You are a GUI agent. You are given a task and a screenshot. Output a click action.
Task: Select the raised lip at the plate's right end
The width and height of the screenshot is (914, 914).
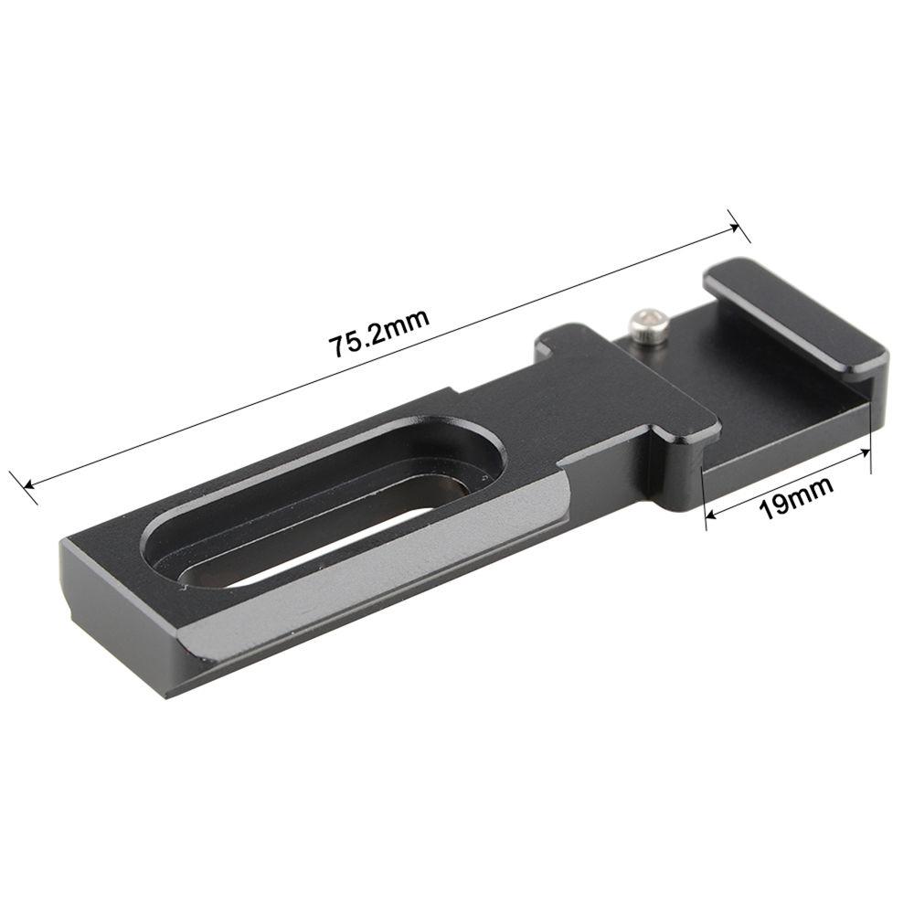[x=795, y=315]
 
